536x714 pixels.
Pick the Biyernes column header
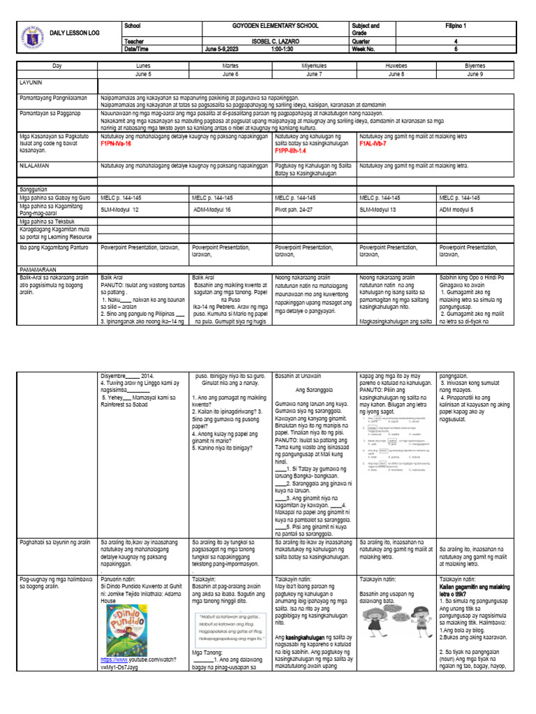click(475, 64)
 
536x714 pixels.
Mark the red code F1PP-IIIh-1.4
click(292, 149)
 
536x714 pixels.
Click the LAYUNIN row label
click(33, 82)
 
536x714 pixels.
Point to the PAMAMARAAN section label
click(40, 268)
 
